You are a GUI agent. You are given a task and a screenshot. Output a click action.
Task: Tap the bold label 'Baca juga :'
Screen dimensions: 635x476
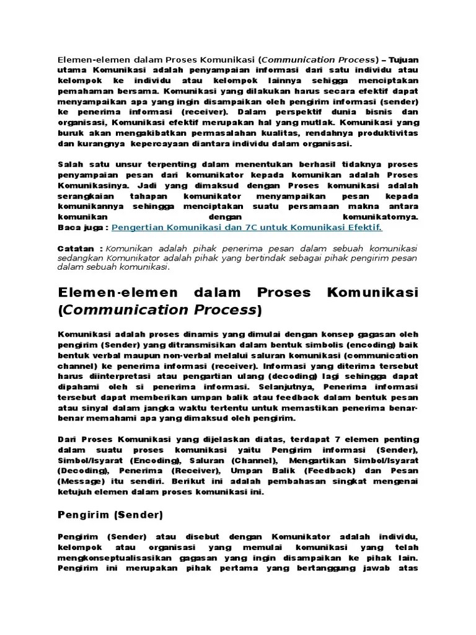pos(83,228)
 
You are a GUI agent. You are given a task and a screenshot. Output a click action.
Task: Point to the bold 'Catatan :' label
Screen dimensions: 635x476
pos(81,248)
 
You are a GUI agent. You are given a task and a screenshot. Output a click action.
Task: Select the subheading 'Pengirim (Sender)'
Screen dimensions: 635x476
pos(110,514)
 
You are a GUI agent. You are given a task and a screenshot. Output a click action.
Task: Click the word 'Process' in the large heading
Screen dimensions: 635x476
pos(227,309)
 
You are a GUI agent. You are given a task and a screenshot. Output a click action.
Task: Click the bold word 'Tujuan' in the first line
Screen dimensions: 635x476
pos(403,60)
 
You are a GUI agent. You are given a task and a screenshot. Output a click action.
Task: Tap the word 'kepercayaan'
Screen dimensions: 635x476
pos(172,144)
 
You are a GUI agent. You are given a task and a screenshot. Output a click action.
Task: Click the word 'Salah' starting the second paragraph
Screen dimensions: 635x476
pos(70,164)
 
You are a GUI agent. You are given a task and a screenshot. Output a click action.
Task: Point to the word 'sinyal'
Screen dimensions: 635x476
pos(100,409)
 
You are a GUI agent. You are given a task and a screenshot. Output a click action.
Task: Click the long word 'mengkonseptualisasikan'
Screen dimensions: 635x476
pos(113,558)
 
